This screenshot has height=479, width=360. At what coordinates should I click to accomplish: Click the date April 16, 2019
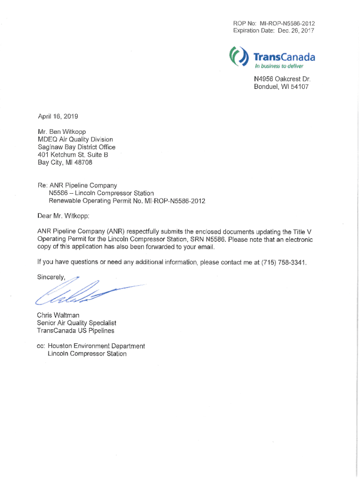[x=58, y=116]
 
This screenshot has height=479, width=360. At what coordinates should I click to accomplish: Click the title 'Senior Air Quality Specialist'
[x=77, y=323]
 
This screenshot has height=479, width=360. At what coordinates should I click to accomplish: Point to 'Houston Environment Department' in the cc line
[x=96, y=346]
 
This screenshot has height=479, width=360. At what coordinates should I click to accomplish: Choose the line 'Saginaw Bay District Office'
[x=76, y=147]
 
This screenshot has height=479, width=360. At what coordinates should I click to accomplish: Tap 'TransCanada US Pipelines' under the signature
[x=75, y=331]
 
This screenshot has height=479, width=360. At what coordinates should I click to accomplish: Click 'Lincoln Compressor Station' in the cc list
[x=87, y=354]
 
